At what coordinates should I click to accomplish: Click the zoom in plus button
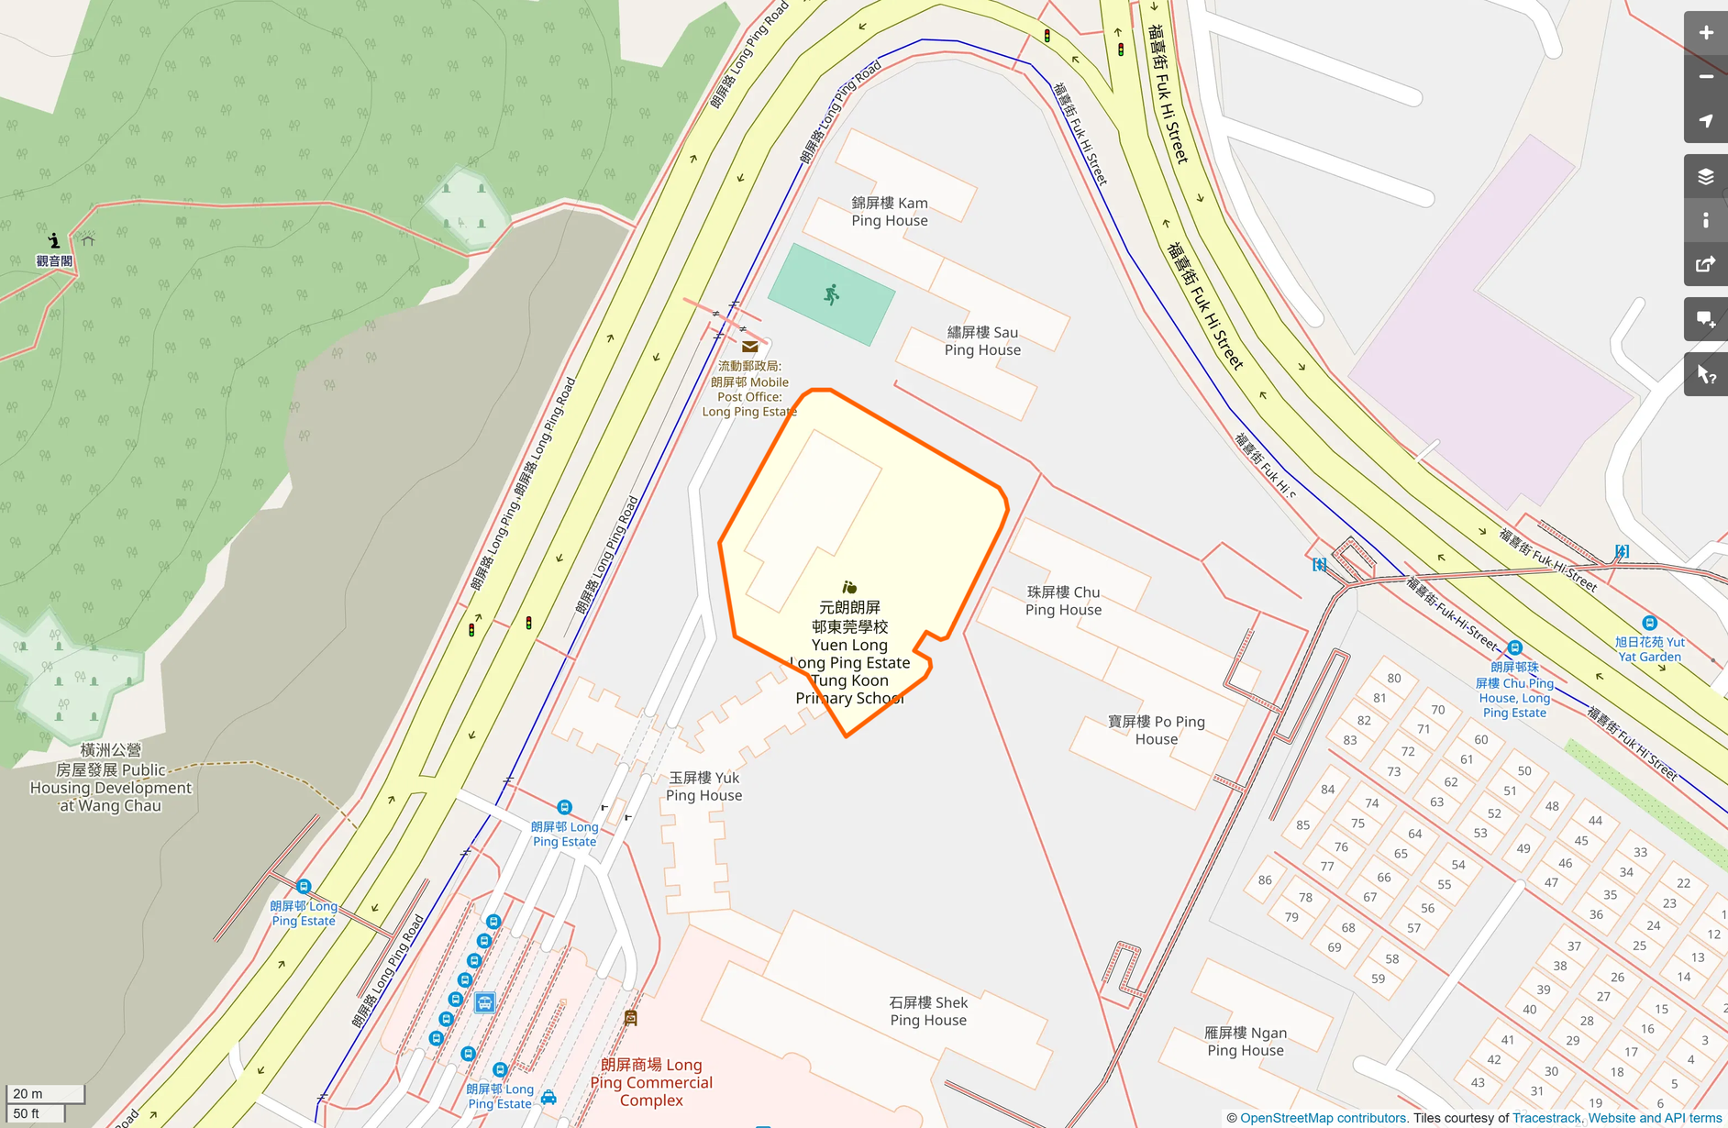point(1705,33)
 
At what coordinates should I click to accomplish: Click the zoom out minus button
point(1705,77)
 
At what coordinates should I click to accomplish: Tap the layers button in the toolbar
point(1705,177)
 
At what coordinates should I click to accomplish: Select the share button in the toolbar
point(1705,265)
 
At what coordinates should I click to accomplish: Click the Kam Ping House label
point(889,212)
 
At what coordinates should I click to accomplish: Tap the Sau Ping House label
point(981,341)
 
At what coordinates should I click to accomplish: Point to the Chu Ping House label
point(1063,601)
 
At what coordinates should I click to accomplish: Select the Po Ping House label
point(1156,730)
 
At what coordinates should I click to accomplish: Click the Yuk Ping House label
point(703,786)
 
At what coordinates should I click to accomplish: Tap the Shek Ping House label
point(927,1011)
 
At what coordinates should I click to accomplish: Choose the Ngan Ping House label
point(1245,1041)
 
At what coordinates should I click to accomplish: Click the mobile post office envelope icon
point(749,347)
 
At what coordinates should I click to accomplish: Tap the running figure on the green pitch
point(831,294)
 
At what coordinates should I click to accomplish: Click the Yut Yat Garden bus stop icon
point(1649,623)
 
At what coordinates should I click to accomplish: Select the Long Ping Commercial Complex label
point(651,1082)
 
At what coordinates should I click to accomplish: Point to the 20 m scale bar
point(44,1093)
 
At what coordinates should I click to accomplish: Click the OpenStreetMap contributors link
point(1323,1118)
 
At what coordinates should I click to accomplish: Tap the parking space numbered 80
point(1393,678)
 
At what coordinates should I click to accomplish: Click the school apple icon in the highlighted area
point(849,587)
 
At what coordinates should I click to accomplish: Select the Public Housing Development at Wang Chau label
point(110,778)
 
